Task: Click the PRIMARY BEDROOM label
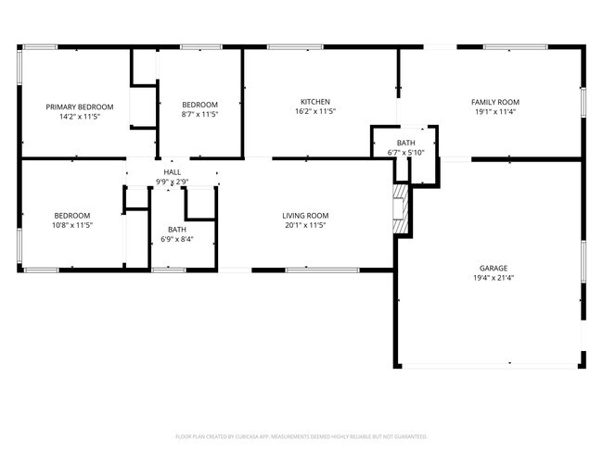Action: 80,107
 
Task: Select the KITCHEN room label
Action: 314,102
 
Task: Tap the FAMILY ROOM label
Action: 494,102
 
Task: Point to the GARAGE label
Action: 493,268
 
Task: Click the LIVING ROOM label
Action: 305,216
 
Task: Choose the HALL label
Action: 173,172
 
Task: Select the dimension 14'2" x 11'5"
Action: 80,117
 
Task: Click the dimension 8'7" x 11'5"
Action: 199,114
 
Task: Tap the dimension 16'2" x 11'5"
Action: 314,111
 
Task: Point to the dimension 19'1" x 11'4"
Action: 494,111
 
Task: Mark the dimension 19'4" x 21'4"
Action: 493,277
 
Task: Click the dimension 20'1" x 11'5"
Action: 305,225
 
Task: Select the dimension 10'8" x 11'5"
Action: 71,225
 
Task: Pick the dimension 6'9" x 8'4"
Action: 176,239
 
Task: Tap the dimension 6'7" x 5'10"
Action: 406,152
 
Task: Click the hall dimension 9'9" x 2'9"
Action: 173,182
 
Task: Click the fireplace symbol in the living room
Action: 399,208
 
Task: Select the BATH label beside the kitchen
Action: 406,143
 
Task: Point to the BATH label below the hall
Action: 176,230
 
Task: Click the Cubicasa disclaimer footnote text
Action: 301,435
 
